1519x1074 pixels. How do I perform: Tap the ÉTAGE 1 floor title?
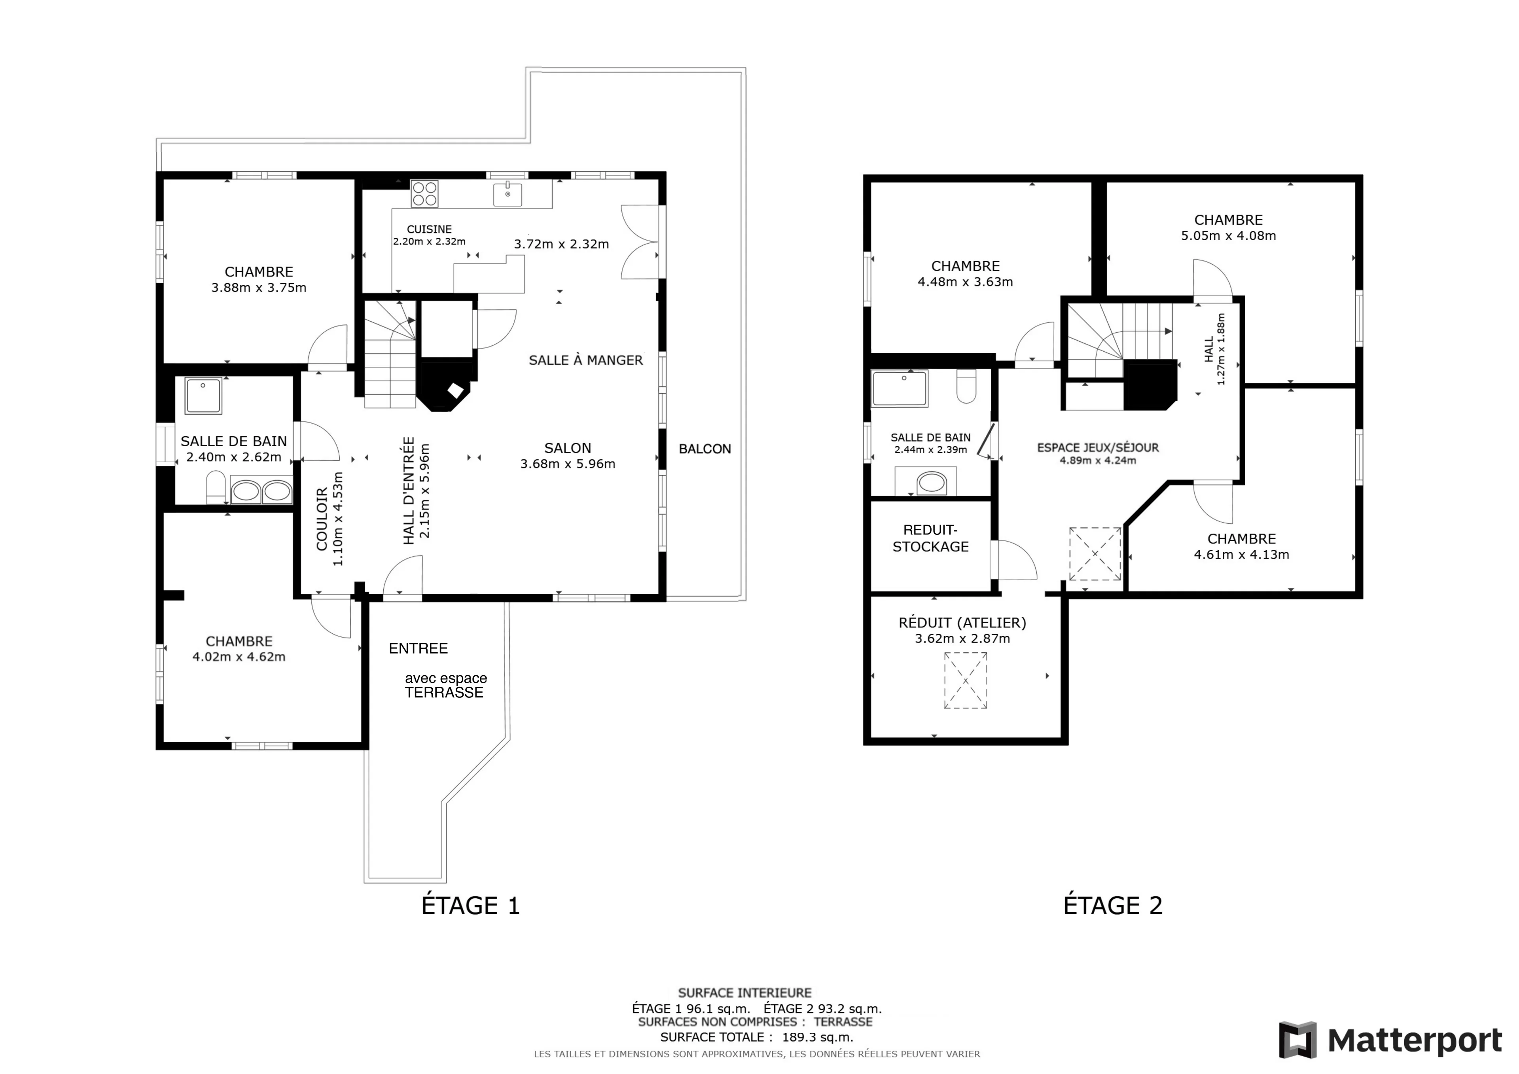click(x=471, y=905)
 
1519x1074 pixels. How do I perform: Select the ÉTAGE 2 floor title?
click(x=1113, y=905)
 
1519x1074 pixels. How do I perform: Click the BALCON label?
click(x=705, y=449)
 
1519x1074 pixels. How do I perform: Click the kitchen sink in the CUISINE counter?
click(x=508, y=194)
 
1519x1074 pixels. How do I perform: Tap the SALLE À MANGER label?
click(x=585, y=360)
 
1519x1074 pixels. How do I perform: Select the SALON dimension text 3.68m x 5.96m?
click(x=568, y=464)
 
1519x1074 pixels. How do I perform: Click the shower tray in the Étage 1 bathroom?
click(x=203, y=396)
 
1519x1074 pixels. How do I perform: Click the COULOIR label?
click(x=322, y=519)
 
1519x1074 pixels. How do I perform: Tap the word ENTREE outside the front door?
click(x=418, y=648)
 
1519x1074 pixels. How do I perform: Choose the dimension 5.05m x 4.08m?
click(x=1229, y=236)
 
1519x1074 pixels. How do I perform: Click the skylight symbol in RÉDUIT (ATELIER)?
click(x=965, y=680)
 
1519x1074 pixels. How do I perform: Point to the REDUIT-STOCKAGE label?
click(x=930, y=538)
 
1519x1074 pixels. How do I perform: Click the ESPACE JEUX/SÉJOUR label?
click(x=1098, y=447)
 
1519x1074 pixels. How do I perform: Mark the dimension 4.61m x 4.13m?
click(x=1241, y=555)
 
